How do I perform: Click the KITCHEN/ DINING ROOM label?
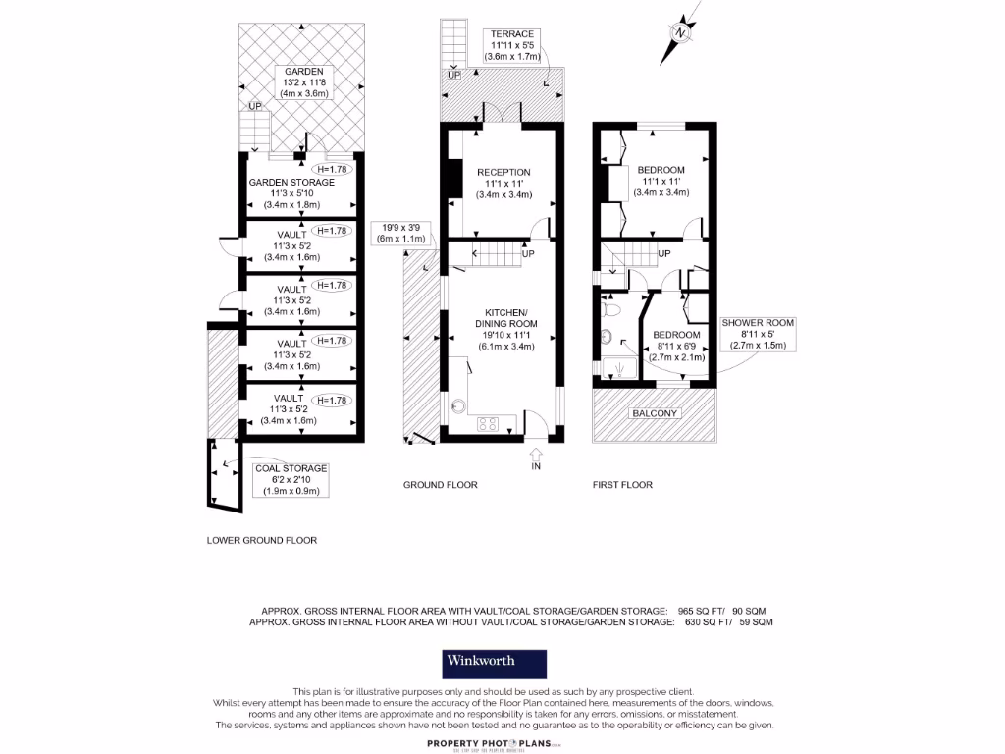click(x=506, y=324)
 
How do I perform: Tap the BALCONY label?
click(x=655, y=413)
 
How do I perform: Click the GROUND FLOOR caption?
click(x=441, y=485)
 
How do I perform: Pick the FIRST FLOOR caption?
click(x=622, y=485)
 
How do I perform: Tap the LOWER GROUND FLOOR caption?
click(x=262, y=540)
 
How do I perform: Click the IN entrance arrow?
click(x=536, y=455)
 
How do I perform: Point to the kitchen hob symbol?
click(x=488, y=424)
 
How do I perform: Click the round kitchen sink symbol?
click(x=458, y=405)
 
